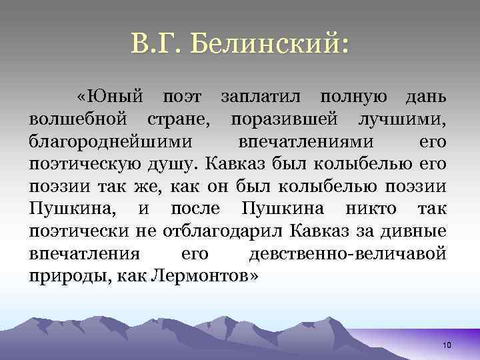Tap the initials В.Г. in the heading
click(x=159, y=45)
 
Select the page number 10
click(x=447, y=345)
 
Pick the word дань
click(x=427, y=97)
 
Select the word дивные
click(x=417, y=232)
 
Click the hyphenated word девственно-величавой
click(x=347, y=255)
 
